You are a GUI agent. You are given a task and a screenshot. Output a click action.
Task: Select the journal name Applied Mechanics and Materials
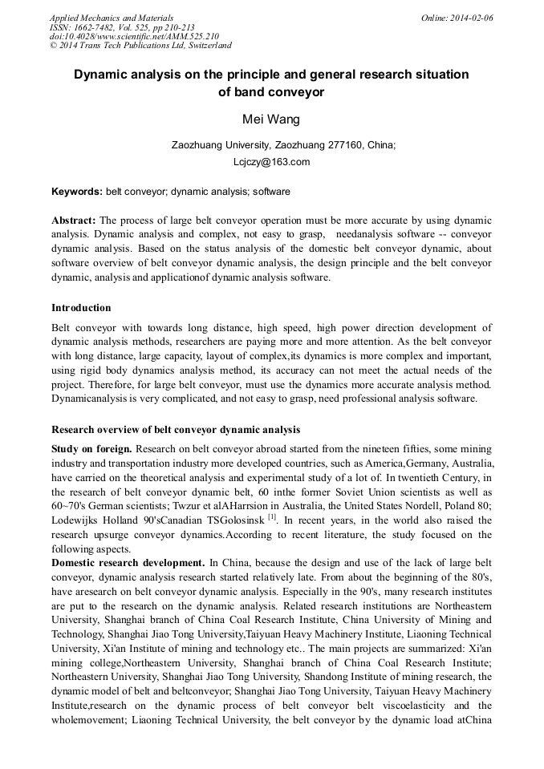[x=112, y=18]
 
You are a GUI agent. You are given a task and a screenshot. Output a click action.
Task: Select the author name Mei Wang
[x=271, y=119]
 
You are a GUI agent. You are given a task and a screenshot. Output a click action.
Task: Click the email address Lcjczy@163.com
[x=271, y=162]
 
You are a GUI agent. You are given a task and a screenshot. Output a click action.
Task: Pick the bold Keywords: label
[x=76, y=192]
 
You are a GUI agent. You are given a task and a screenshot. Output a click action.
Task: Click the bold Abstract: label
[x=74, y=221]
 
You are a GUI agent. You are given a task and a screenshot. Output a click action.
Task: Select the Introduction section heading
[x=81, y=308]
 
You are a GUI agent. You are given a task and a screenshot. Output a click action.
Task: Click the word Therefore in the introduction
[x=77, y=384]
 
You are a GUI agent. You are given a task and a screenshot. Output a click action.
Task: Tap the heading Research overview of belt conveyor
[x=176, y=429]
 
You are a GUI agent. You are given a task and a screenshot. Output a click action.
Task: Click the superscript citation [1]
[x=274, y=516]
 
